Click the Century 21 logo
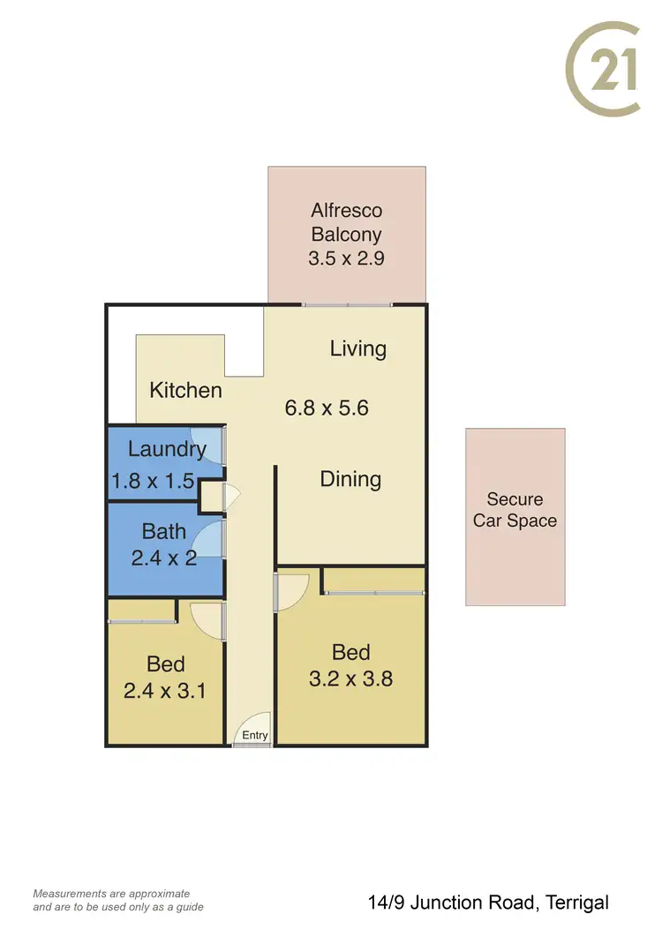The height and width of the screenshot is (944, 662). coord(602,70)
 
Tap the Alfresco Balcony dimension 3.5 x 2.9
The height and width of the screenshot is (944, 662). coord(346,258)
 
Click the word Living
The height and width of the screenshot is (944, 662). coord(357,348)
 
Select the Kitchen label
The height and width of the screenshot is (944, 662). coord(185,390)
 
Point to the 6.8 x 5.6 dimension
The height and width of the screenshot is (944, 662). coord(326,408)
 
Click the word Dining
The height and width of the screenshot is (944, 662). coord(350,479)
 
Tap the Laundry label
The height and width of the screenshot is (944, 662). coord(167,448)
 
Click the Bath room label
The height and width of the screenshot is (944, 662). coord(164,531)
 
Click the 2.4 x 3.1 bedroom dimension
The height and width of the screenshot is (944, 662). coord(165,691)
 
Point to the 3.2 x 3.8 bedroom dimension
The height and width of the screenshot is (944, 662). coord(350,678)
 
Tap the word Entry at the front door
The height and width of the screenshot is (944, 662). coord(254,736)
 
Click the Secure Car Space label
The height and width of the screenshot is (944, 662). coord(515,510)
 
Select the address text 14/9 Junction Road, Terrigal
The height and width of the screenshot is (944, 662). coord(488,903)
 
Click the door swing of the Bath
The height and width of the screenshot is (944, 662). coord(208,539)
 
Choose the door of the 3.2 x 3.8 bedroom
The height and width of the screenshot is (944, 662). coord(291,589)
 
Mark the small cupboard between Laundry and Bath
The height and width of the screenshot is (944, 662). coord(212,497)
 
